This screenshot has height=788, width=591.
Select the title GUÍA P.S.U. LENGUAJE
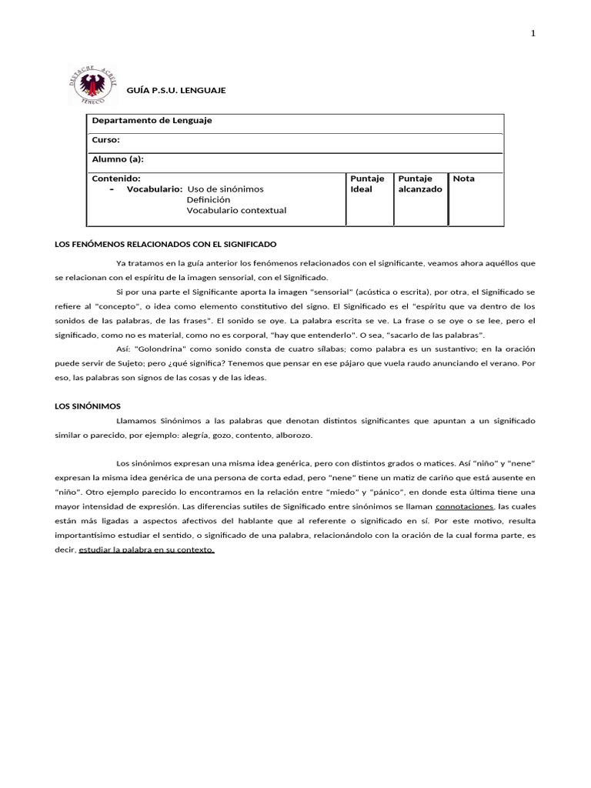pos(176,91)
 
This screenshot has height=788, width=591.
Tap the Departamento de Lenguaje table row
pos(152,121)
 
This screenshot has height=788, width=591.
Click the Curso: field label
pos(106,140)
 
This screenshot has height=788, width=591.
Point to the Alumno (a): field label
pos(118,159)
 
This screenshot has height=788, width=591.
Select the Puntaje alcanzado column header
pos(419,184)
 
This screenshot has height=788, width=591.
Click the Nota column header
pos(464,179)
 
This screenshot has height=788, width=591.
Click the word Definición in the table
pos(209,200)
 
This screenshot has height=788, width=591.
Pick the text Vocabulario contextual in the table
pos(236,211)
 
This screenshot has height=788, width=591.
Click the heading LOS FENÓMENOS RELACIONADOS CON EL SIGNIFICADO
pos(165,244)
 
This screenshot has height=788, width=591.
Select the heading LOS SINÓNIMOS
pos(88,406)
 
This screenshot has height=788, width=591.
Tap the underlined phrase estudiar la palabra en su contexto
pos(146,550)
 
